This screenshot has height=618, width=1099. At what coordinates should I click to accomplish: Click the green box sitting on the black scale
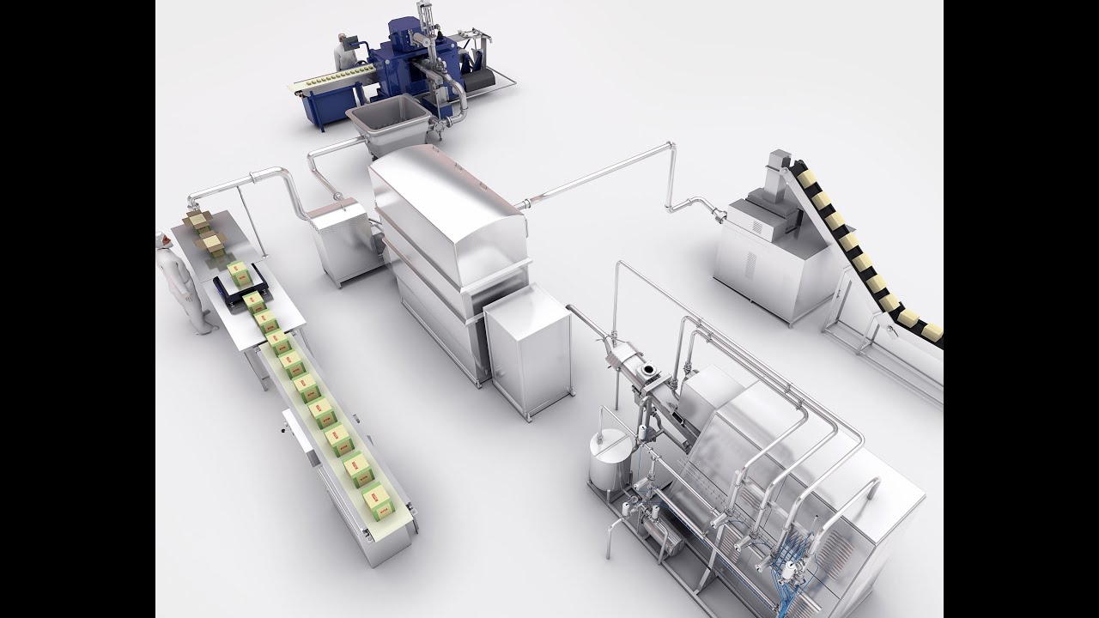(x=239, y=276)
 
